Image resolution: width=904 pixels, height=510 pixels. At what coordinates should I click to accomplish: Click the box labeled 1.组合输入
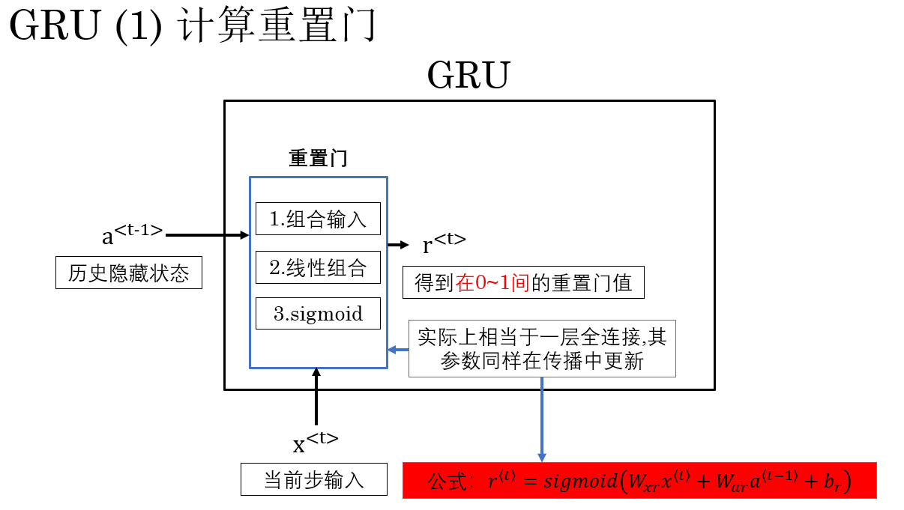pos(318,219)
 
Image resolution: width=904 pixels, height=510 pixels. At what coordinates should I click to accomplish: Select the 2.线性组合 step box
pos(318,268)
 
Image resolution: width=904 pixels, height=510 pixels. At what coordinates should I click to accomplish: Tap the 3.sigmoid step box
pos(318,314)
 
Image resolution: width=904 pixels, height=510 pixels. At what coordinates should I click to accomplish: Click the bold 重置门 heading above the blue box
pos(318,159)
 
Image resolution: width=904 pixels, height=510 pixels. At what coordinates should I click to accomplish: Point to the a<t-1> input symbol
pos(132,234)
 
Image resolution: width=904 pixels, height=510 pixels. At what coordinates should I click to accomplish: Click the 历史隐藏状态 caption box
pos(129,273)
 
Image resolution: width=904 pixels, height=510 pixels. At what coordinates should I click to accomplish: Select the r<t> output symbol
pos(444,244)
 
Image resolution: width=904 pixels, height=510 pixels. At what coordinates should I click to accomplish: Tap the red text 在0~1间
pos(493,283)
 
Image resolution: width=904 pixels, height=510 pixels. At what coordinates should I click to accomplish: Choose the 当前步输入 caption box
pos(314,479)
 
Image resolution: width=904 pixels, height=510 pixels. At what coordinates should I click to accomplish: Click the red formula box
pos(639,480)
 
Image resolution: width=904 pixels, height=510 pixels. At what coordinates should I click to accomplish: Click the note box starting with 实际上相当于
pos(542,348)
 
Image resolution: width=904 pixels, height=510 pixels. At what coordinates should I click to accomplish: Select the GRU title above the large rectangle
pos(468,76)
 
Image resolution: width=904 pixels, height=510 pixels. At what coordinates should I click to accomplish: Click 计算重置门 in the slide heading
pos(277,28)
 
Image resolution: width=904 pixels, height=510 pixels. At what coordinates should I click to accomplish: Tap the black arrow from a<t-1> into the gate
pos(207,235)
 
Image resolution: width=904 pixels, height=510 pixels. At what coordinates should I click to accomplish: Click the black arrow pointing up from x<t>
pos(316,396)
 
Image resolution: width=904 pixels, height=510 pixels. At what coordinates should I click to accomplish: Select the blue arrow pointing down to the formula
pos(541,419)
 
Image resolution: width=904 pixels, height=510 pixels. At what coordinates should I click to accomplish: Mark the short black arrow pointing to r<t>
pos(398,245)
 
